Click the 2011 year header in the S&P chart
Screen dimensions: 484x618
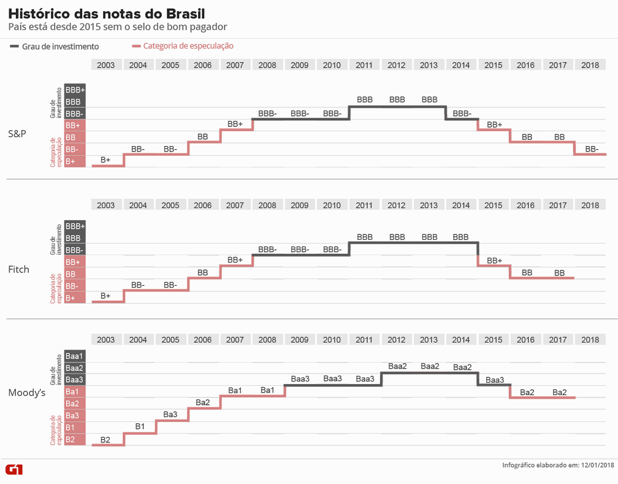click(364, 65)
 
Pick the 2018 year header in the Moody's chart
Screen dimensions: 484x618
click(590, 340)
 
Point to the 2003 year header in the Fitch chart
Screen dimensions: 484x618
click(105, 206)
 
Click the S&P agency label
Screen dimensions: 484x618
click(17, 133)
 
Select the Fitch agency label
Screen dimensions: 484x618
click(18, 269)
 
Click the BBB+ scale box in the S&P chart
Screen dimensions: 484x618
click(75, 90)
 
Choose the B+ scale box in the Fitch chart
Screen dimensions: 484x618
click(71, 298)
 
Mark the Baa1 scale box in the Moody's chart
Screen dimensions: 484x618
click(74, 356)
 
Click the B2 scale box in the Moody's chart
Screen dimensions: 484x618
click(71, 440)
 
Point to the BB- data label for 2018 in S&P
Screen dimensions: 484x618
click(592, 149)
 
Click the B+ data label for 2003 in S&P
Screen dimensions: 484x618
click(105, 160)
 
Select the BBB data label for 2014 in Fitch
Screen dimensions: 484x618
click(460, 237)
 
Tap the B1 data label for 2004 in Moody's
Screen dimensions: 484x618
click(140, 426)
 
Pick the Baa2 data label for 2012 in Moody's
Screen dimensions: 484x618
click(397, 366)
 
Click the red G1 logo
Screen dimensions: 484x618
click(14, 469)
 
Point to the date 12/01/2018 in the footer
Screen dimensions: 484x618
click(597, 466)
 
